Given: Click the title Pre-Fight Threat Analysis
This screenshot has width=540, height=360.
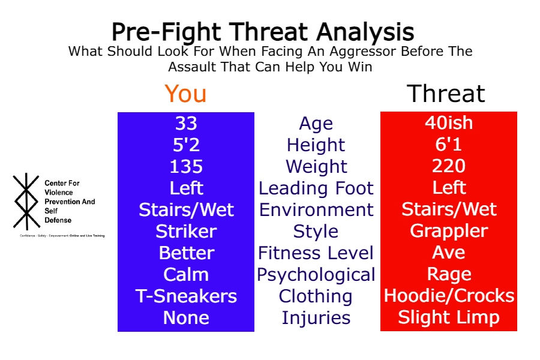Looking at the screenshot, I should click(x=262, y=31).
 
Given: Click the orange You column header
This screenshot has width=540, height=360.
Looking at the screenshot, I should click(x=185, y=94).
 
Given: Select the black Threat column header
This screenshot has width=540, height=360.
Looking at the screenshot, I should click(x=445, y=94).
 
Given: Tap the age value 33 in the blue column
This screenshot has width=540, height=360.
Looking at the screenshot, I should click(x=186, y=123).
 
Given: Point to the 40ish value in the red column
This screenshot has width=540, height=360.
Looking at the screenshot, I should click(x=448, y=123).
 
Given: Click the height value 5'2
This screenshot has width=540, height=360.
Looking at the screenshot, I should click(x=186, y=145).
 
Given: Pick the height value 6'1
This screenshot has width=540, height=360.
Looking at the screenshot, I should click(x=448, y=145).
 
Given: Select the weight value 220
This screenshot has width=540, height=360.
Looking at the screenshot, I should click(x=448, y=166).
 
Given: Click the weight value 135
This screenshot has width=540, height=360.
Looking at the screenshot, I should click(x=186, y=166).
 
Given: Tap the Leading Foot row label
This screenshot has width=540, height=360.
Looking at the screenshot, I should click(x=316, y=188).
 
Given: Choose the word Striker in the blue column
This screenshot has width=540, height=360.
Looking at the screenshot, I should click(x=186, y=231).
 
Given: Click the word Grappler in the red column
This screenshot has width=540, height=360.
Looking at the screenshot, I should click(x=448, y=231).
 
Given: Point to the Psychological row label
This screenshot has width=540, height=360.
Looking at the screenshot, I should click(x=316, y=275).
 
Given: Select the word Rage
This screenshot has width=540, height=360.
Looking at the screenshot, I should click(x=448, y=275).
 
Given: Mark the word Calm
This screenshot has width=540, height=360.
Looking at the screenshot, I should click(x=186, y=275).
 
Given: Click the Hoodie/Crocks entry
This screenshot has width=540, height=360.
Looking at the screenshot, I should click(x=448, y=296).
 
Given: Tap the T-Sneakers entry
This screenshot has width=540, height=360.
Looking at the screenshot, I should click(x=186, y=296).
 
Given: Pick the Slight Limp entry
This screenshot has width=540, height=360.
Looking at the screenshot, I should click(x=448, y=317).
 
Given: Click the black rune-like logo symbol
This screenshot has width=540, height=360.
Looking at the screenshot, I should click(x=26, y=201).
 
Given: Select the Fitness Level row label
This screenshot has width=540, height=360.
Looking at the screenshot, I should click(x=316, y=253).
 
